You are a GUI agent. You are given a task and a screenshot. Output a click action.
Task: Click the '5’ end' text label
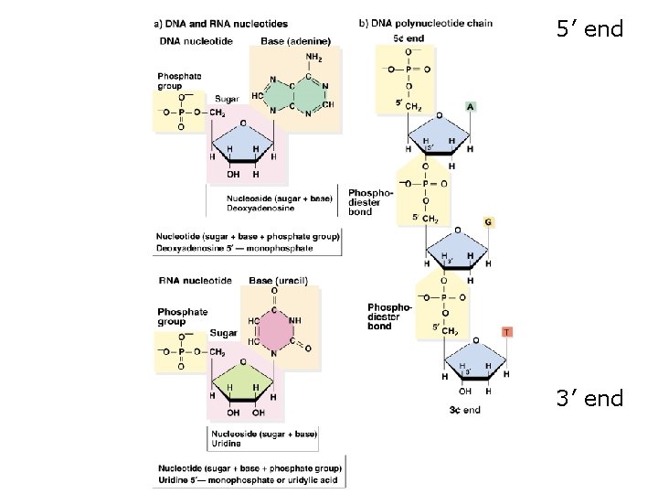pyautogui.click(x=589, y=30)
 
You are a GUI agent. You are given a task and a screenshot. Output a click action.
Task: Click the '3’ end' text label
pyautogui.click(x=589, y=399)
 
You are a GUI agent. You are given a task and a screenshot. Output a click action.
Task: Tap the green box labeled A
pyautogui.click(x=470, y=106)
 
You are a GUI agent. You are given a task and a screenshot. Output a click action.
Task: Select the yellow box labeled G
pyautogui.click(x=488, y=222)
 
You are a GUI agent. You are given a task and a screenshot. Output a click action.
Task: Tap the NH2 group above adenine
pyautogui.click(x=313, y=58)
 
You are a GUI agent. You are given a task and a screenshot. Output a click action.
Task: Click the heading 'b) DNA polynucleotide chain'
pyautogui.click(x=425, y=24)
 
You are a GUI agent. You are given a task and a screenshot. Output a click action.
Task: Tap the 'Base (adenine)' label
pyautogui.click(x=295, y=41)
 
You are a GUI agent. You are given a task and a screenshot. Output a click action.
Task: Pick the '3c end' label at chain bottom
pyautogui.click(x=465, y=410)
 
